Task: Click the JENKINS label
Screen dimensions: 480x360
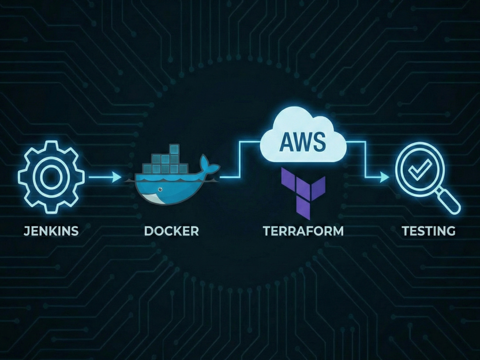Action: click(51, 231)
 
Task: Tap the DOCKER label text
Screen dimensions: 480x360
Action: click(171, 231)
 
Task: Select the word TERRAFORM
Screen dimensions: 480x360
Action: click(303, 231)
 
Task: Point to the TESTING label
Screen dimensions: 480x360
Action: click(429, 231)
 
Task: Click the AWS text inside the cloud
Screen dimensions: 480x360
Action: click(303, 142)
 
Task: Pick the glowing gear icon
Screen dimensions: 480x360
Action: click(51, 177)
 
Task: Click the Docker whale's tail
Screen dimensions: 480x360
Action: click(209, 165)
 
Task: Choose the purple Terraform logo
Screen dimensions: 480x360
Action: click(303, 193)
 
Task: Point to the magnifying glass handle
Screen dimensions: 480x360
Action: click(449, 201)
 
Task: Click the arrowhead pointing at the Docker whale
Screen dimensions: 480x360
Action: click(117, 177)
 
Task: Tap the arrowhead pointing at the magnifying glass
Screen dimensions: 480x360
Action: click(384, 177)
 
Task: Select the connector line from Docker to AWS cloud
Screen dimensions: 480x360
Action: click(240, 159)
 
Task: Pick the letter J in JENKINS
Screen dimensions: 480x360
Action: click(26, 231)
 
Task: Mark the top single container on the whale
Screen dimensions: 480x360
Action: click(174, 149)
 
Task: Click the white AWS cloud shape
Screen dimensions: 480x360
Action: click(303, 136)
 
